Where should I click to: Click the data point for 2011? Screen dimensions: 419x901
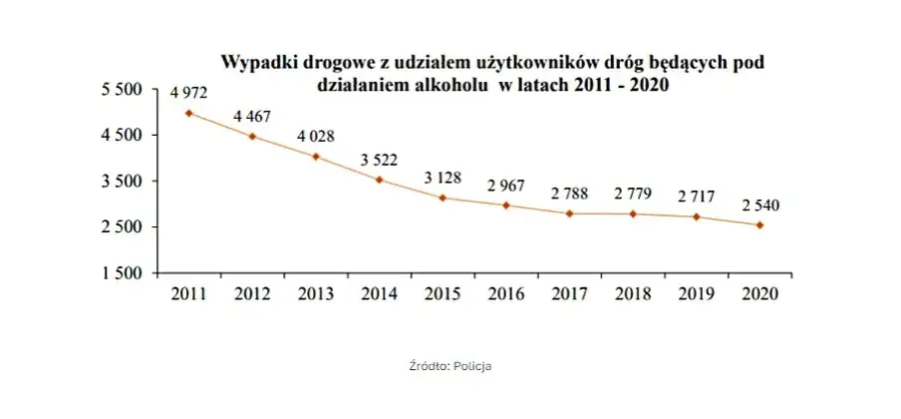point(189,113)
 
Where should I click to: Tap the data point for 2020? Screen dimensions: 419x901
point(760,225)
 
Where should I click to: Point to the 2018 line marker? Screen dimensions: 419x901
point(634,213)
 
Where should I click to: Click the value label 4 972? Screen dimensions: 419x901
point(188,93)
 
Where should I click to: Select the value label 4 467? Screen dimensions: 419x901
point(252,117)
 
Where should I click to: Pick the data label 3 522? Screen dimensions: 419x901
point(379,159)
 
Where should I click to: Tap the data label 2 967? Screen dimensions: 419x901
point(506,186)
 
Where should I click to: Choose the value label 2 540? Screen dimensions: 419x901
point(760,206)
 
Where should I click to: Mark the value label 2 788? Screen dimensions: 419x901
point(570,193)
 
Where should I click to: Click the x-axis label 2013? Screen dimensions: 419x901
point(316,293)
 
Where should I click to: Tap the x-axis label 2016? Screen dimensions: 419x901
point(506,293)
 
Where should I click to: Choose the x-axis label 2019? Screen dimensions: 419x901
point(697,293)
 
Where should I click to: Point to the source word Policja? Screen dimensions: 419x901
point(472,366)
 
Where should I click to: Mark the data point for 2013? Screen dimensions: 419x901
point(316,157)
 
